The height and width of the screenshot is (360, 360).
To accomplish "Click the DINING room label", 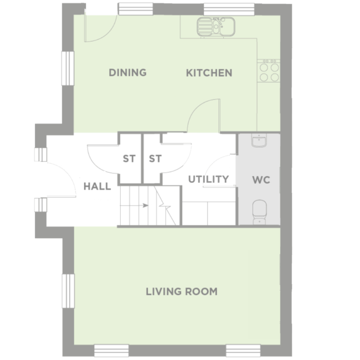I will click(127, 73).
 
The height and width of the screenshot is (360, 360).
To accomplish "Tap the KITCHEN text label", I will click(209, 73).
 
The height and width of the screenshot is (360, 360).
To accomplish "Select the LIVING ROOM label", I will click(181, 291).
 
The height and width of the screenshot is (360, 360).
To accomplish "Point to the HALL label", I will click(97, 186).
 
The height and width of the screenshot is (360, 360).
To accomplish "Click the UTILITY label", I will click(208, 179).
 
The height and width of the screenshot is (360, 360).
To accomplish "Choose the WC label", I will click(260, 181).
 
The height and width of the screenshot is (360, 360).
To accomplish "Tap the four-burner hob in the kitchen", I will click(269, 71).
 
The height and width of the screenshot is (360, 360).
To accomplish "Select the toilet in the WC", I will click(259, 212).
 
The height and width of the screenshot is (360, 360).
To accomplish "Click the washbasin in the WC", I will click(259, 141).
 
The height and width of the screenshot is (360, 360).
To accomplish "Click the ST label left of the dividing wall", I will click(129, 159).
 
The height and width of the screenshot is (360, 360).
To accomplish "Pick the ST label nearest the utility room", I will click(155, 159).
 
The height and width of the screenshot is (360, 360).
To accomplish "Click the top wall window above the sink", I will click(220, 9).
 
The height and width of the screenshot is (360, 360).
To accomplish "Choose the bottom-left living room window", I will click(111, 350).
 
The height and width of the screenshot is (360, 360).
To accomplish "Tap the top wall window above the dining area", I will click(135, 9).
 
